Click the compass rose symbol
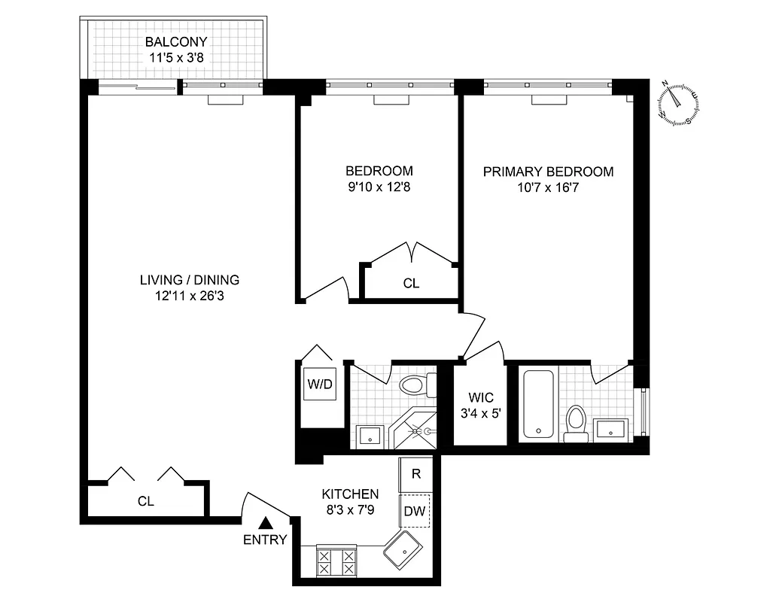click(679, 104)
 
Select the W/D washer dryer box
click(318, 385)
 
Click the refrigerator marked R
click(415, 474)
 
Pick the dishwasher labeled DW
click(415, 511)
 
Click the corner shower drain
click(427, 432)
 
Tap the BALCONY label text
click(176, 42)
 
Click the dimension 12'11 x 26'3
click(189, 296)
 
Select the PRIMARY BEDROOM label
click(548, 172)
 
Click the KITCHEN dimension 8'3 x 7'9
click(350, 509)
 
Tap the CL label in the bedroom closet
click(411, 284)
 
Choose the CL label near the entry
click(145, 501)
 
